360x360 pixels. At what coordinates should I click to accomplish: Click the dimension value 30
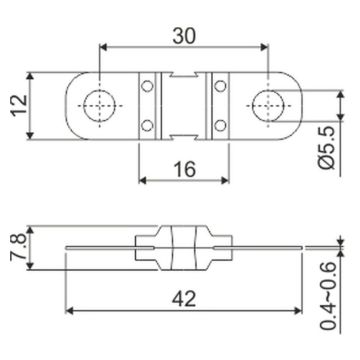[x=184, y=36]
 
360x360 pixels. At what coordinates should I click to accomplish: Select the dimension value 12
[x=19, y=105]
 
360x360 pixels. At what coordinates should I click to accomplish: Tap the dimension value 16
[x=184, y=169]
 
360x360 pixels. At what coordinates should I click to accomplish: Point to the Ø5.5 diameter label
[x=327, y=149]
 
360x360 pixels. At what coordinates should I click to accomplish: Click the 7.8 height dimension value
[x=18, y=247]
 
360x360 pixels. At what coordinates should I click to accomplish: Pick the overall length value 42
[x=184, y=299]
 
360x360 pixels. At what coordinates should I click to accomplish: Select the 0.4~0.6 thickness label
[x=327, y=296]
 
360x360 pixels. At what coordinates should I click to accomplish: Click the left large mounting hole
[x=99, y=106]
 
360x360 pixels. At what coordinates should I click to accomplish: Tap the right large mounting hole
[x=268, y=106]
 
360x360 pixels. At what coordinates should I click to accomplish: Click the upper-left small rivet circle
[x=147, y=86]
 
